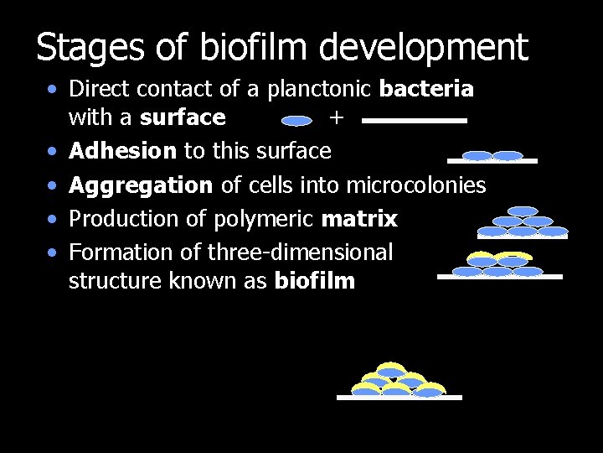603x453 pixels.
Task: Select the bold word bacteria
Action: pos(426,88)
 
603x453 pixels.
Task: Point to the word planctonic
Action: pos(322,88)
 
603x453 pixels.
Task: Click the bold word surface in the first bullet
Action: pos(183,117)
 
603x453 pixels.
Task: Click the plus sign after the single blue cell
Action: pos(336,118)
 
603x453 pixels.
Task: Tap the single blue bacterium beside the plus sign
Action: pos(296,121)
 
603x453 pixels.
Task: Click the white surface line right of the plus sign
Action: pos(415,121)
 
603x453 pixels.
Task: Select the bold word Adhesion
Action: pos(122,151)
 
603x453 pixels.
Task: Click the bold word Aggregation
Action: pos(141,185)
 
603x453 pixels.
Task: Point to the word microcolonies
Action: pos(415,185)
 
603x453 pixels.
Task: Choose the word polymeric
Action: pos(265,219)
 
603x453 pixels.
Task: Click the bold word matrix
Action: pos(359,219)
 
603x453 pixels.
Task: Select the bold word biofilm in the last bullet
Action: pos(314,281)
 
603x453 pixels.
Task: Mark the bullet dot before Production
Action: pos(53,220)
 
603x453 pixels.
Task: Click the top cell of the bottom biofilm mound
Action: pos(390,368)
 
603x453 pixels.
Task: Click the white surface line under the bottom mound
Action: pos(399,398)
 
